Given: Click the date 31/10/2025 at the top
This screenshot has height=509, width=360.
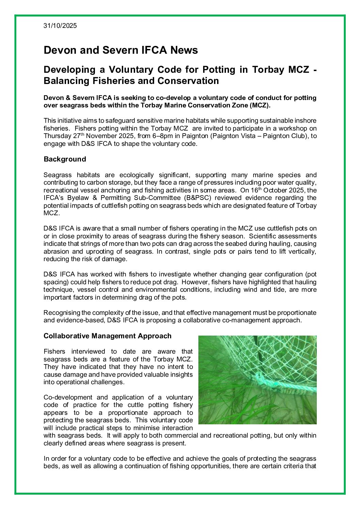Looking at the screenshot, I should pos(60,26).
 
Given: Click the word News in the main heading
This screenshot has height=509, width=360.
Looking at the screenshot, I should pos(184,50).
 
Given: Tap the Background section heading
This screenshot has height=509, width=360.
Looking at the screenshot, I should pos(65,159).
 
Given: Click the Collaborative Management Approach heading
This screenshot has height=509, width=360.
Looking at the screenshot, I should pos(108,336).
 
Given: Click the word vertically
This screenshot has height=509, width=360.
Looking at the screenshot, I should pos(301,252).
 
